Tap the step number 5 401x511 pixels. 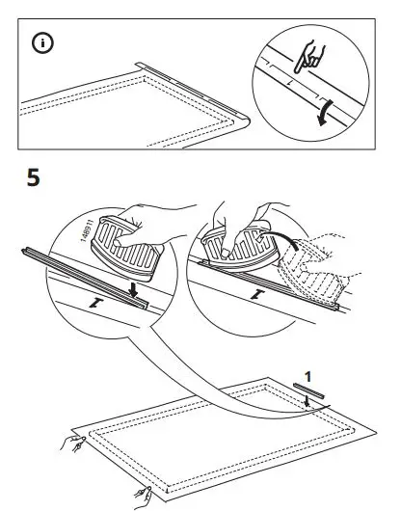pyautogui.click(x=35, y=179)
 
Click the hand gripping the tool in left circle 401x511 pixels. pyautogui.click(x=145, y=217)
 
